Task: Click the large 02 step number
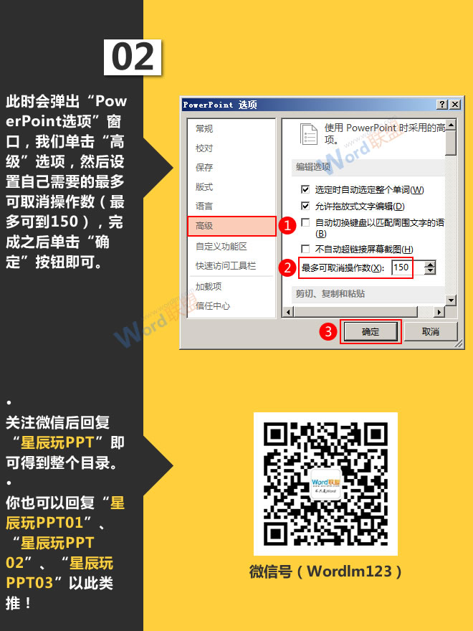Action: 133,57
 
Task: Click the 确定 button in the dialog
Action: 370,331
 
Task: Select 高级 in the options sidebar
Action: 231,226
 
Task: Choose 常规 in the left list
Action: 204,129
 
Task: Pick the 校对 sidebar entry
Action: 204,148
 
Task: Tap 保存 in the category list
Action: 204,168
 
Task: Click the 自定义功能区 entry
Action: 221,246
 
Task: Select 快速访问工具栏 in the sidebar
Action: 226,266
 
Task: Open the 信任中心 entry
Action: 213,306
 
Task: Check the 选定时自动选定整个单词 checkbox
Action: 305,190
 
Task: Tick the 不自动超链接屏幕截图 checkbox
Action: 305,249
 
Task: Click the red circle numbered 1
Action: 287,226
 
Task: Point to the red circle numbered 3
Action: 328,331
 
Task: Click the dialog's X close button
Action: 454,105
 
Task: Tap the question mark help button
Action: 441,105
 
